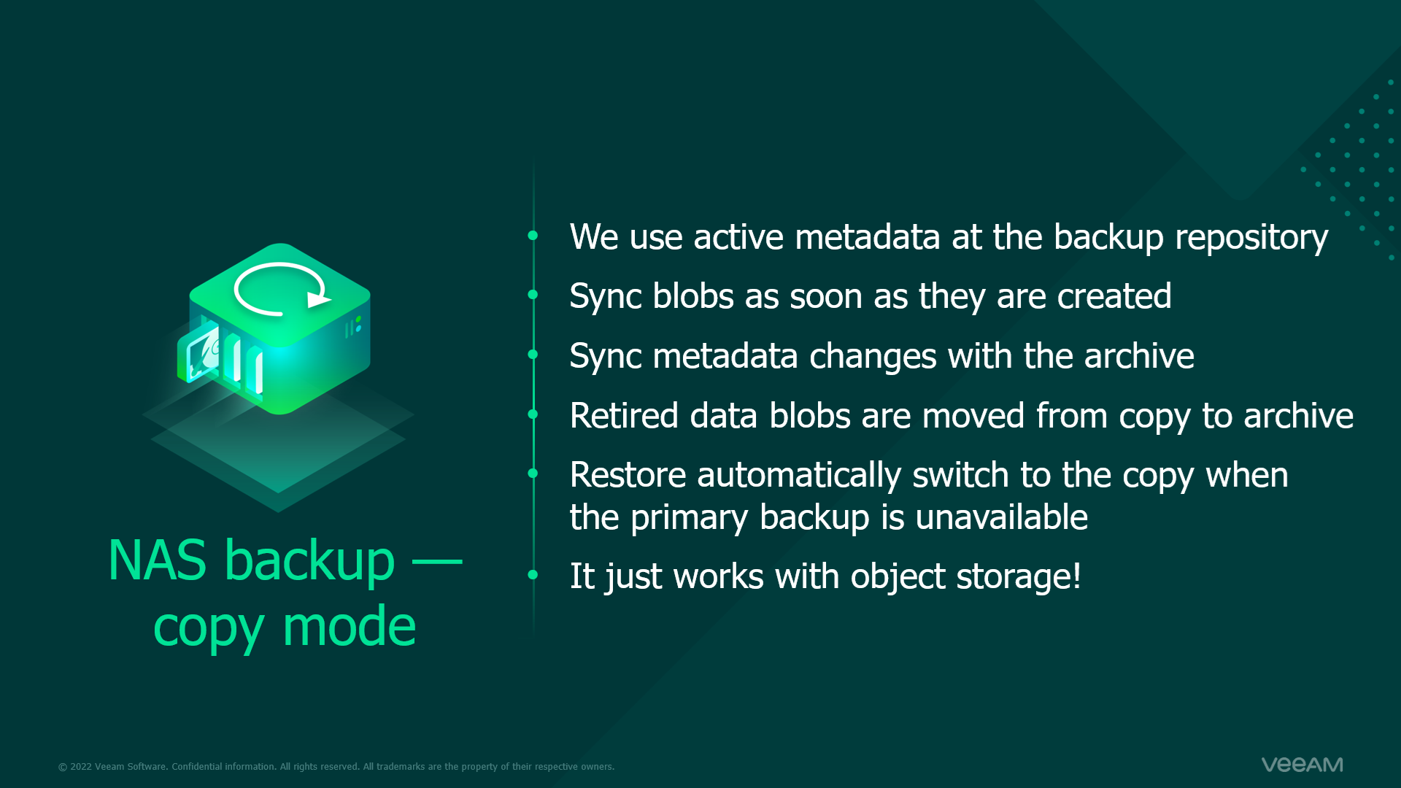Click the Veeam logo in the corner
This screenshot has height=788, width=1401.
pos(1302,765)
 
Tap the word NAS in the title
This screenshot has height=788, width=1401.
pos(157,560)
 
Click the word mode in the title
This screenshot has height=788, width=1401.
pos(349,627)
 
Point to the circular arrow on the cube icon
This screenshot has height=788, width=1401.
pos(281,289)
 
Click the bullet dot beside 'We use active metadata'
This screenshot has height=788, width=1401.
pos(533,235)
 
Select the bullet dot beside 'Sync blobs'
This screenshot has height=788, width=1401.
pos(533,295)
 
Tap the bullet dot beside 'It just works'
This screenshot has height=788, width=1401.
pos(533,575)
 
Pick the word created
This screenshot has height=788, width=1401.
pos(1114,296)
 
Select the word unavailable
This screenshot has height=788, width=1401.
pos(1001,517)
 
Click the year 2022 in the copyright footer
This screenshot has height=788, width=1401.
pos(81,767)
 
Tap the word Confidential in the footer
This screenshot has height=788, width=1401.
pos(197,767)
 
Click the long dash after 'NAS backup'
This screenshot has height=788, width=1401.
pos(437,561)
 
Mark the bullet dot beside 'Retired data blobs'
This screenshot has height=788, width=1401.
pos(533,414)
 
